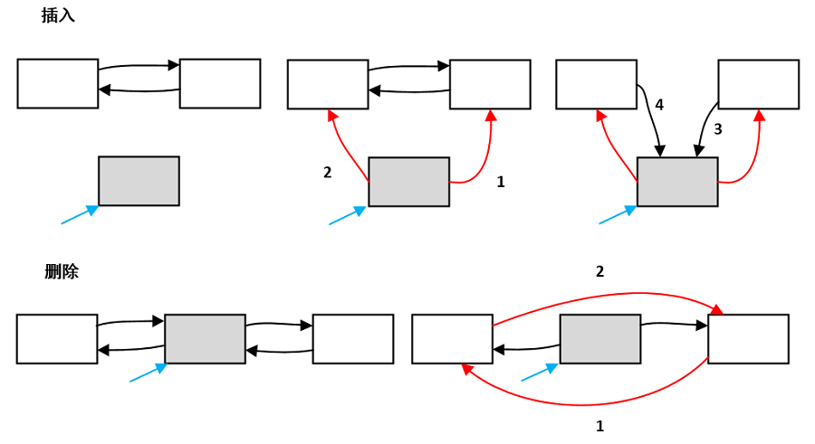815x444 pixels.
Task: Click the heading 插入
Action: click(58, 15)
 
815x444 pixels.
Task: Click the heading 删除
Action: click(62, 271)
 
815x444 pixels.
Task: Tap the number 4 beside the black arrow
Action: click(659, 105)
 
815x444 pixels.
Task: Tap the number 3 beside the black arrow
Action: click(718, 128)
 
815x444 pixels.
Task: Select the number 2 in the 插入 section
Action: click(327, 172)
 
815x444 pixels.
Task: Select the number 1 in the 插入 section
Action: click(501, 182)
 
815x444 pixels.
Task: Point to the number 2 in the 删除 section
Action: click(599, 271)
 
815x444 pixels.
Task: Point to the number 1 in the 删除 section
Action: click(599, 426)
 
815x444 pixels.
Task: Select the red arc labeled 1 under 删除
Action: click(582, 404)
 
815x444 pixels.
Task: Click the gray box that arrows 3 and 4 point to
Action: click(677, 182)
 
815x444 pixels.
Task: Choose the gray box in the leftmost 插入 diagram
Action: click(139, 181)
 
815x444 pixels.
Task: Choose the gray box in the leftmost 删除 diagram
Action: click(205, 338)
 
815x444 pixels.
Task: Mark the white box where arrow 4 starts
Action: click(596, 84)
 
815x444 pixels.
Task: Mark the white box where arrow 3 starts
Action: click(758, 84)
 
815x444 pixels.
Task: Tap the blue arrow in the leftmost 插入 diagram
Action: click(80, 215)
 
